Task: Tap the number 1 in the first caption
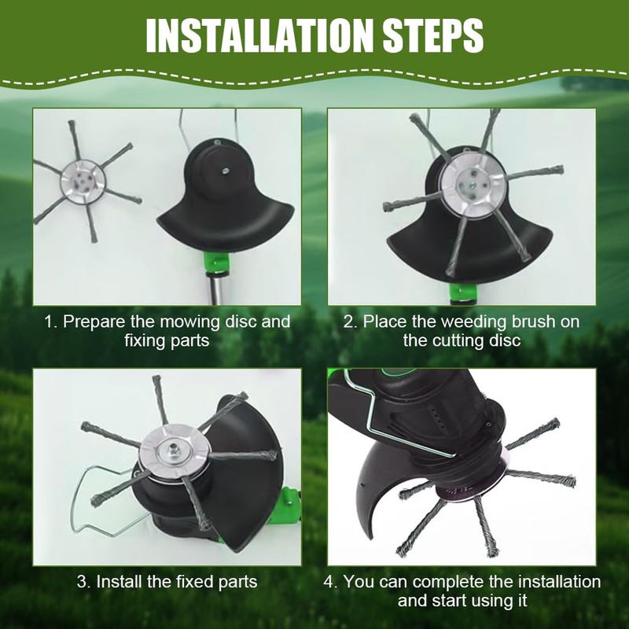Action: (x=48, y=322)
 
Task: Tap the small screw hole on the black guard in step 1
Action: (x=223, y=166)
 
